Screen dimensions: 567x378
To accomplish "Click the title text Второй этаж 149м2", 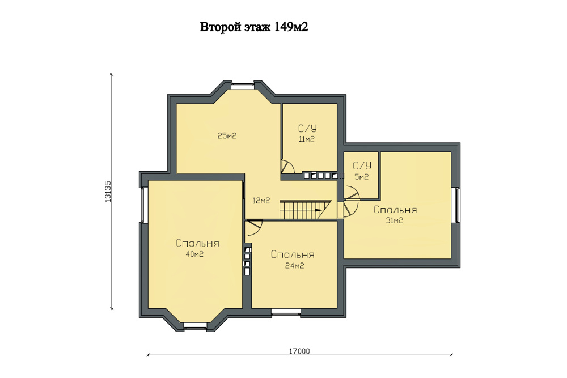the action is [254, 27].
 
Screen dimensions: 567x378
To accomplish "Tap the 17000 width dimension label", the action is [299, 351].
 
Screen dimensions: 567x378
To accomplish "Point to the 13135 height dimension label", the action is [108, 191].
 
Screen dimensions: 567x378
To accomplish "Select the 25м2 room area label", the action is [227, 136].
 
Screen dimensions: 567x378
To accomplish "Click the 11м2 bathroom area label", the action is [307, 139].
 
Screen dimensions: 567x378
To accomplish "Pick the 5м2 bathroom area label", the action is [362, 177].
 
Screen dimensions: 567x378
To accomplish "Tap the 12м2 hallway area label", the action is [261, 201].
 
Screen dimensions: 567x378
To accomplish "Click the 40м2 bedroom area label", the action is [194, 254].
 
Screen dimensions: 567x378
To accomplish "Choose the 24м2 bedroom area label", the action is [294, 266].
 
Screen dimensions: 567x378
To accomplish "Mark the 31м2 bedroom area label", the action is [394, 220].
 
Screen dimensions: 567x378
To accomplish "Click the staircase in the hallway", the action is [305, 210].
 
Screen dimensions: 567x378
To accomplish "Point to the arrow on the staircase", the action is [319, 210].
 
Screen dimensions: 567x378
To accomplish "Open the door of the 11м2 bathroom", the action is [288, 167].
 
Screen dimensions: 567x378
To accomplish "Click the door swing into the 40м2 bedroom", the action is [253, 228].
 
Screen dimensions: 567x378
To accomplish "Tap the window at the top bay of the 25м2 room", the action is [242, 86].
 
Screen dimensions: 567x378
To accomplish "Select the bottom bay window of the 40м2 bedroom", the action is [195, 329].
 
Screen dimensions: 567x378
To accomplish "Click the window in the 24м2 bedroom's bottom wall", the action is [286, 313].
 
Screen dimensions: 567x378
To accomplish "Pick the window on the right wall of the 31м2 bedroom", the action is [457, 205].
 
